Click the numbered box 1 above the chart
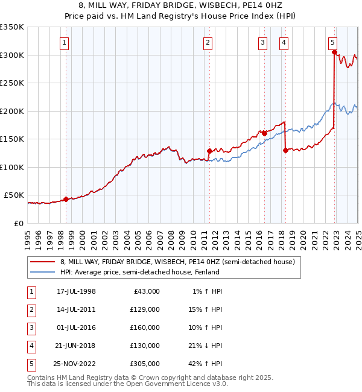[x=64, y=42]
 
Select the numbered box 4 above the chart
[x=283, y=42]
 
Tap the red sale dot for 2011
[x=209, y=151]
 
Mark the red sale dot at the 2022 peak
[x=334, y=52]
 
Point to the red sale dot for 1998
[x=66, y=198]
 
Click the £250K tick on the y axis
[x=12, y=83]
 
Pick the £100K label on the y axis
[x=12, y=167]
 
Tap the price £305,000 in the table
[x=145, y=364]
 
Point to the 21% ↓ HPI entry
[x=205, y=346]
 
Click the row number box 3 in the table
[x=31, y=327]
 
